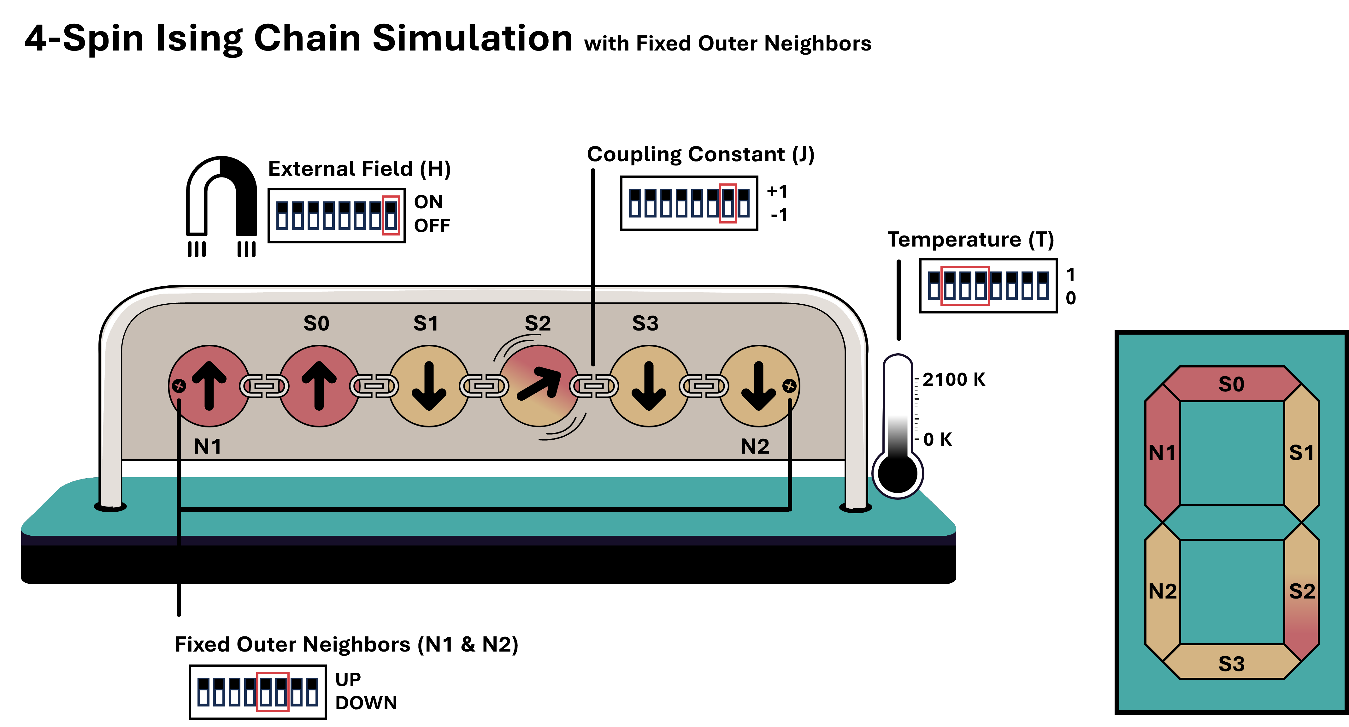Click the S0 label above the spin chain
[316, 323]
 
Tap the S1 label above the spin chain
[426, 323]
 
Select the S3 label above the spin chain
[645, 323]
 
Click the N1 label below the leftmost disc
[207, 447]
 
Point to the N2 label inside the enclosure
[755, 447]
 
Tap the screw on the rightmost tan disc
[789, 386]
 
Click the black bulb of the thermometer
[898, 473]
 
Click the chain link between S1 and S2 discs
[484, 386]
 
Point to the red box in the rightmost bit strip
[965, 286]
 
